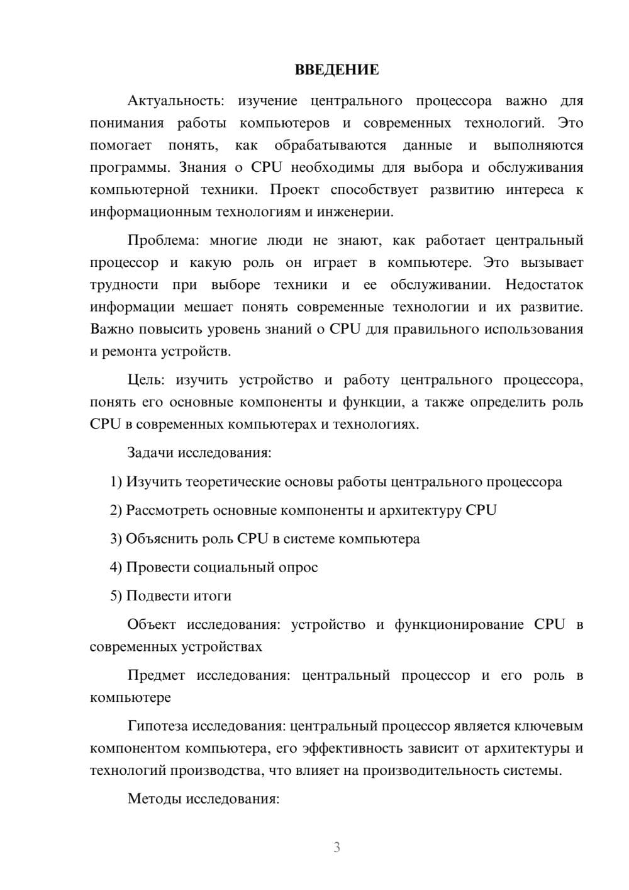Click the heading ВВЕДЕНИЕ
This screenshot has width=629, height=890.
(337, 70)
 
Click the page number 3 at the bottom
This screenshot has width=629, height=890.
(337, 847)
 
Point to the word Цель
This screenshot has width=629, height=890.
(146, 380)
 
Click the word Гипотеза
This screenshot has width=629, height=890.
(157, 726)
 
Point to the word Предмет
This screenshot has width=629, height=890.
(156, 675)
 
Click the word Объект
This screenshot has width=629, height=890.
(151, 624)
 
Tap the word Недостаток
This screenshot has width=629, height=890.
(544, 285)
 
